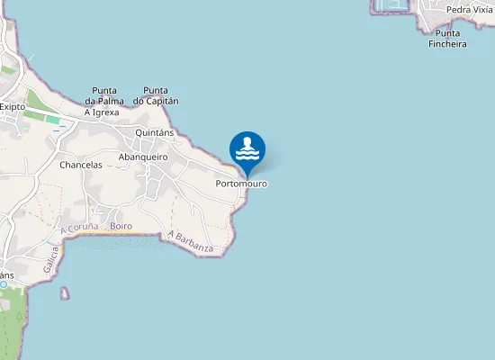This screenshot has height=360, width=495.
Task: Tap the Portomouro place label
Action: pyautogui.click(x=242, y=184)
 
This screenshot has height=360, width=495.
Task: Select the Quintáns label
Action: pyautogui.click(x=154, y=132)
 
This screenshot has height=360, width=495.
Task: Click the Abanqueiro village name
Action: pyautogui.click(x=144, y=157)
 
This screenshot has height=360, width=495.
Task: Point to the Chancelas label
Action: pyautogui.click(x=81, y=166)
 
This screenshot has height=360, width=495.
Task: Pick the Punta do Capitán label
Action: pyautogui.click(x=156, y=95)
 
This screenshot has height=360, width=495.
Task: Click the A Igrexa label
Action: pyautogui.click(x=102, y=112)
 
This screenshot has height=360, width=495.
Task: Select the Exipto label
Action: pyautogui.click(x=12, y=106)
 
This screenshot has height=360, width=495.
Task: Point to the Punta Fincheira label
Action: pyautogui.click(x=447, y=39)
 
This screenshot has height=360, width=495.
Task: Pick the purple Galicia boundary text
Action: pyautogui.click(x=50, y=262)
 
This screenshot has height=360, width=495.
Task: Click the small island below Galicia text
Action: pyautogui.click(x=64, y=292)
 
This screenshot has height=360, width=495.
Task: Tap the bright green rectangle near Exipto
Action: pyautogui.click(x=53, y=120)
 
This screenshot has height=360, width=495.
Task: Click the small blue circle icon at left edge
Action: pyautogui.click(x=4, y=284)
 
